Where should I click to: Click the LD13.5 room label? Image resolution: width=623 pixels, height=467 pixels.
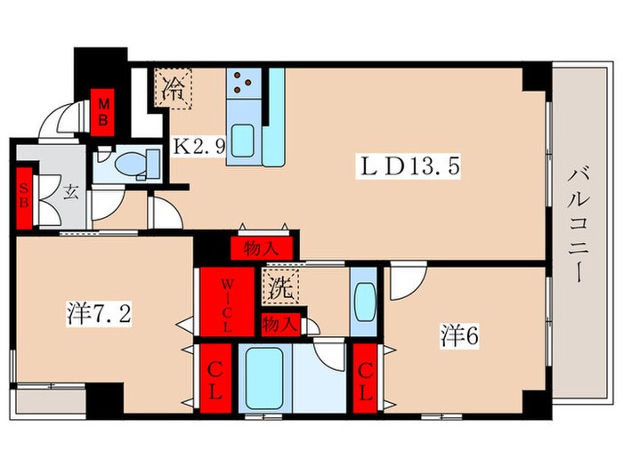point(408,167)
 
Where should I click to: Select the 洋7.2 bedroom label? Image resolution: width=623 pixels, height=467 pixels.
point(99,313)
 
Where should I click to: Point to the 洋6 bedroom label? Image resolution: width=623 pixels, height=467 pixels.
point(459,336)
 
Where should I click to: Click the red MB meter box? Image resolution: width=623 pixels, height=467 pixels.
point(103,112)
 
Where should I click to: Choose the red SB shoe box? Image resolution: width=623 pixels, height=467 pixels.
point(24,198)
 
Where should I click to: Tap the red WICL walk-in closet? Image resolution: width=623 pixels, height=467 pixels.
point(227,302)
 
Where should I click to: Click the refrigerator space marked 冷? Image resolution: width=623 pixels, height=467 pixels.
point(174,88)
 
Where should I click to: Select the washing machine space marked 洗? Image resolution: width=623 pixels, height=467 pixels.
point(280,287)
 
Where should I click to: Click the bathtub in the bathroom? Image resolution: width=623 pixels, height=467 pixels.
point(264,378)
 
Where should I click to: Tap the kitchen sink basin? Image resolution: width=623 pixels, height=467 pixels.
point(243,141)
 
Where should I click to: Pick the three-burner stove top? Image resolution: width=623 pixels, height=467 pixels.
point(244,84)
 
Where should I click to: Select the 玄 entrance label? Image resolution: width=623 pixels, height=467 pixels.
point(70,192)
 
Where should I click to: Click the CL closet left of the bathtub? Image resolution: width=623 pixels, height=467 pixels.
point(215,378)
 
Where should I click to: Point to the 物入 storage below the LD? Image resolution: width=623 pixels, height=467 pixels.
point(262,248)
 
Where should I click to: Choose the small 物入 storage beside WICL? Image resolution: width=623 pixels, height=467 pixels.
point(280,325)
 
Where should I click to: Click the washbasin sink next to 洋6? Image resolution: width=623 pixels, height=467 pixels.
point(363,302)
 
